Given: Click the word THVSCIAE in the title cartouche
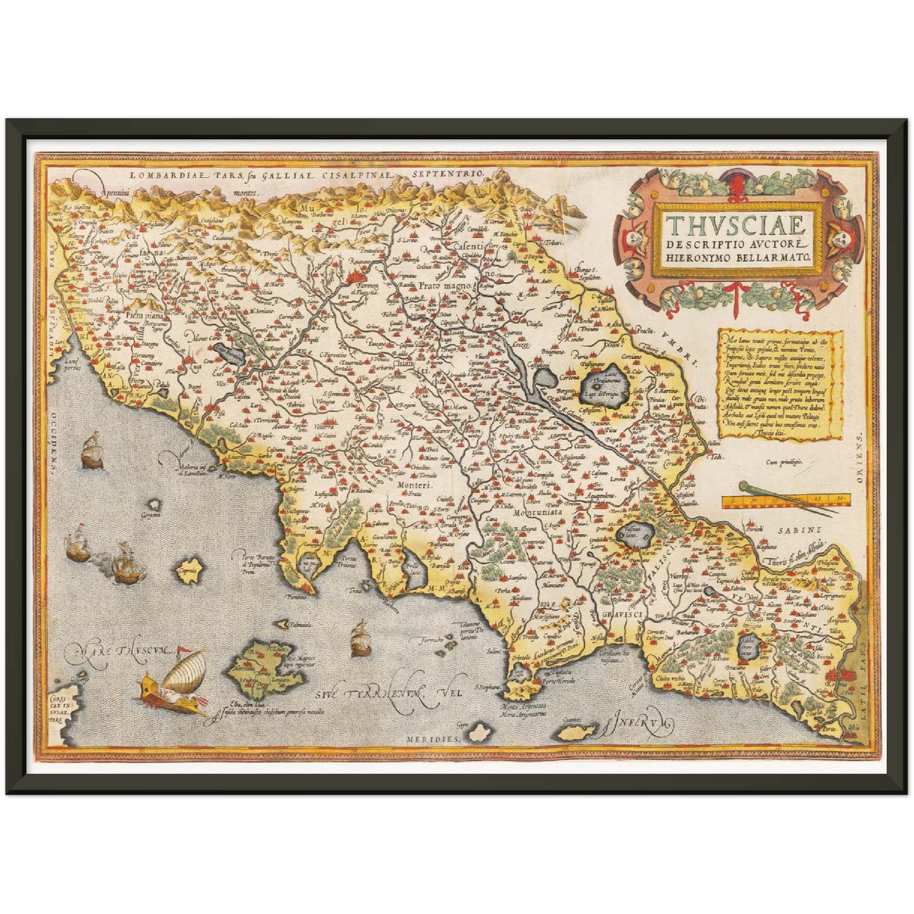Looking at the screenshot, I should pos(736,225).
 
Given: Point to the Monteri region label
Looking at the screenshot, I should pos(414,486).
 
